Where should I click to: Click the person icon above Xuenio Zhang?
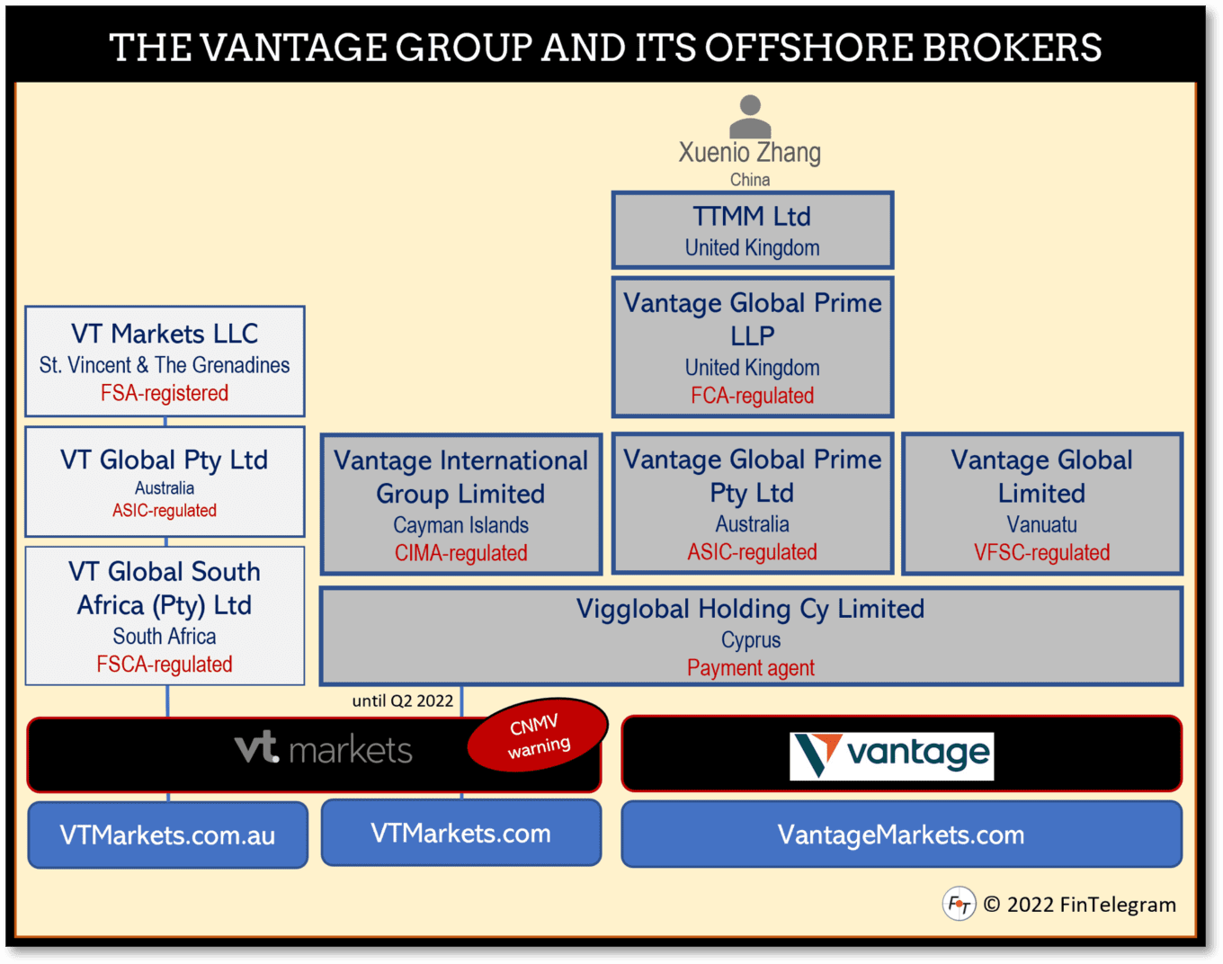750,116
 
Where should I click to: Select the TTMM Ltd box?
752,230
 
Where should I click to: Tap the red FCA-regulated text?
752,396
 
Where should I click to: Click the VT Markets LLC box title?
165,334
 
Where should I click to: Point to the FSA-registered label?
165,393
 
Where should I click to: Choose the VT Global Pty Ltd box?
165,482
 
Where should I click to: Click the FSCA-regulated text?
165,665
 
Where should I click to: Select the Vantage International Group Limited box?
460,504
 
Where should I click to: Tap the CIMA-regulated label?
460,553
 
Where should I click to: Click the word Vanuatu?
1041,524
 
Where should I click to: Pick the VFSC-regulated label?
1041,552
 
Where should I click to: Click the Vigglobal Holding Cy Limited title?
750,609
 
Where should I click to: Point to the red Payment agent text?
750,668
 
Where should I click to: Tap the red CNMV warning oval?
539,736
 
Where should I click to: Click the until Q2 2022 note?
403,701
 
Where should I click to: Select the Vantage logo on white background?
891,755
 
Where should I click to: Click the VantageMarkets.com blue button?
901,835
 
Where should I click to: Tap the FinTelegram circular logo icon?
959,904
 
